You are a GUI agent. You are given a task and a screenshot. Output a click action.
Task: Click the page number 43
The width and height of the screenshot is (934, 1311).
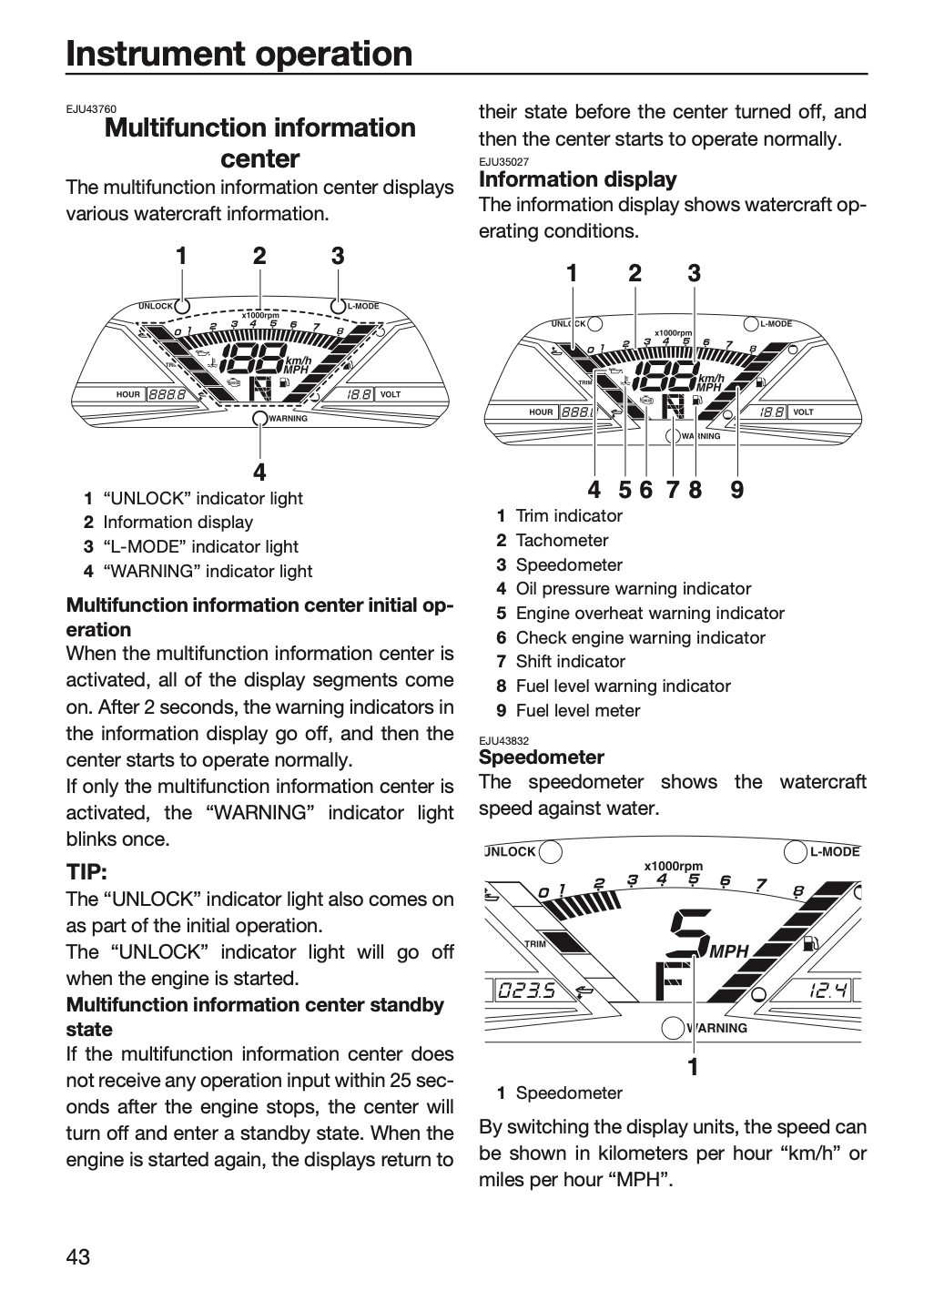tap(78, 1256)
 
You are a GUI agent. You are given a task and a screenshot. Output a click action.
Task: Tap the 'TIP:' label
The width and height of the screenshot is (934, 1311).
tap(86, 872)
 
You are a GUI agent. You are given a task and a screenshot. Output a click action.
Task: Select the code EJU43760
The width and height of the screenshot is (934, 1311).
tap(91, 109)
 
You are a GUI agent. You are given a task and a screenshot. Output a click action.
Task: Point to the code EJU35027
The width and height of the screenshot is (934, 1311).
tap(504, 161)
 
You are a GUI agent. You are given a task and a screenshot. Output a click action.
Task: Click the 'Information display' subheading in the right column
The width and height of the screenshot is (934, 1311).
tap(577, 179)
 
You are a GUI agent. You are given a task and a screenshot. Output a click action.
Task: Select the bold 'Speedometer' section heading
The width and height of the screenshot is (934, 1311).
tap(542, 757)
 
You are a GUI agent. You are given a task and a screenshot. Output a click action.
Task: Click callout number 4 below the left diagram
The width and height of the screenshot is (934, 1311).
tap(259, 472)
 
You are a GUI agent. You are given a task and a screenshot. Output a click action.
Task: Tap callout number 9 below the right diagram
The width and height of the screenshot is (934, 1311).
tap(736, 489)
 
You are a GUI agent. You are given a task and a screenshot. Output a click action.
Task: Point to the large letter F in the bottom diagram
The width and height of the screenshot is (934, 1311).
tap(670, 981)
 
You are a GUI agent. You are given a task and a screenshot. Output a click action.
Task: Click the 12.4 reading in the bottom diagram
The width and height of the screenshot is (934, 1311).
tap(827, 991)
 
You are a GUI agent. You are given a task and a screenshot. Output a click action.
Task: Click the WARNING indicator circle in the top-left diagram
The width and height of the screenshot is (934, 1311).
tap(259, 418)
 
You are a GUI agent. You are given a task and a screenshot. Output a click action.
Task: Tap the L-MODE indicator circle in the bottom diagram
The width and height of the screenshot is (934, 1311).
tap(796, 851)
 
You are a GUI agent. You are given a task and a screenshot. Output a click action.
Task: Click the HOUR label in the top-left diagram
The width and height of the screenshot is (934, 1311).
tap(127, 394)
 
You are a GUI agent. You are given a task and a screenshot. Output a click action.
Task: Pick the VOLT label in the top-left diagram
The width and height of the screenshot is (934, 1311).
tap(391, 394)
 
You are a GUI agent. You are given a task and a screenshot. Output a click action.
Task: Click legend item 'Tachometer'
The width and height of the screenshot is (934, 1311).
tap(562, 540)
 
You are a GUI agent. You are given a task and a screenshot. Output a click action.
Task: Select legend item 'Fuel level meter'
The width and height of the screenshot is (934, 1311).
tap(577, 710)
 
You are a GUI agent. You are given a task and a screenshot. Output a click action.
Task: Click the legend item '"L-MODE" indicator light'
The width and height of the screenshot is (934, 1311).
tap(200, 546)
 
